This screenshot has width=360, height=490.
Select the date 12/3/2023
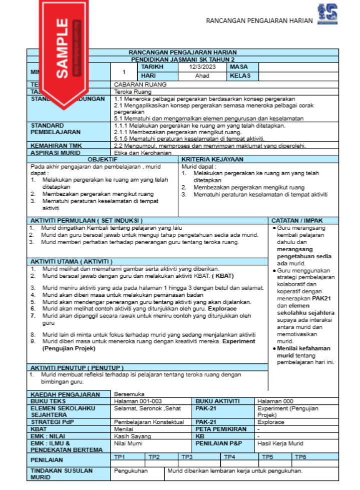coord(202,67)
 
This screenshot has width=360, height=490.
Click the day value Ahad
coord(202,76)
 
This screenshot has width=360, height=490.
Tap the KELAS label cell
coord(239,76)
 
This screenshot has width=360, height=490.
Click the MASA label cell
coord(239,67)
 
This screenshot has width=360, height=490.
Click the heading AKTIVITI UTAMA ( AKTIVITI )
coord(72,261)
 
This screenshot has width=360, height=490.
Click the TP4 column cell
coord(230,456)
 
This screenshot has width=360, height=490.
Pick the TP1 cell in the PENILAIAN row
coord(120,456)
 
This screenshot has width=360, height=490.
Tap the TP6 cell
coord(300,456)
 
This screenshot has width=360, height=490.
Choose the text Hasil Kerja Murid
coord(280,443)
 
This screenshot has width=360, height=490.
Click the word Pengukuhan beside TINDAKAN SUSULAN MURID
coord(130,471)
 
